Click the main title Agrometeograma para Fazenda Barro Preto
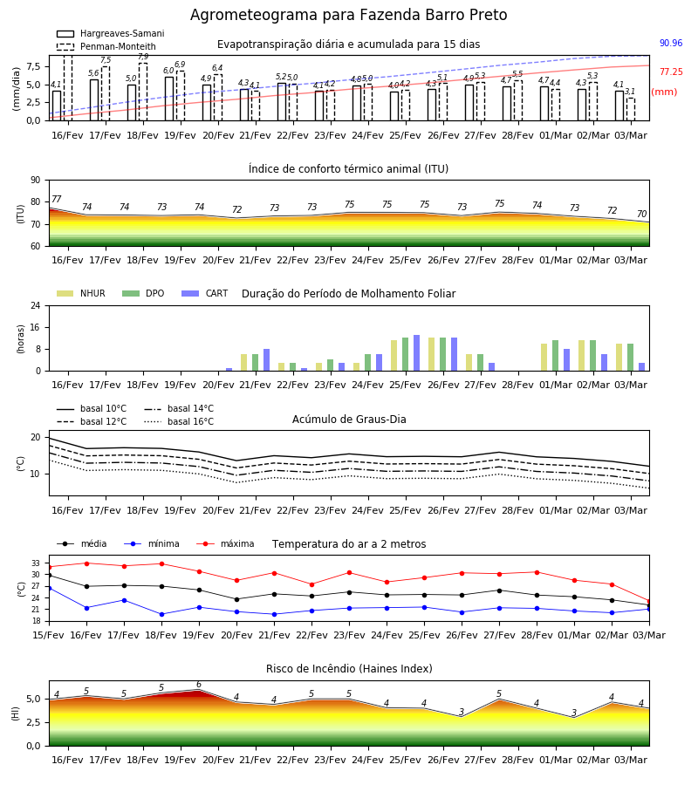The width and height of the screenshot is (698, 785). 348,15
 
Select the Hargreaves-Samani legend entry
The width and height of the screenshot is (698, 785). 110,33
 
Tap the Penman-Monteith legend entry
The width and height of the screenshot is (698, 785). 106,46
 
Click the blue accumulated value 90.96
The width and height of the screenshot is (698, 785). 671,43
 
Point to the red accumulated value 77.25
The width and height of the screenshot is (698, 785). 671,72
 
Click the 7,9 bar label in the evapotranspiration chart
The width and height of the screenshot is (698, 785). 143,57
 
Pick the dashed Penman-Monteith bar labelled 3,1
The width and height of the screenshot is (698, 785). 631,109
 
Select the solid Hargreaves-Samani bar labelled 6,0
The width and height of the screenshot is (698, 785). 169,99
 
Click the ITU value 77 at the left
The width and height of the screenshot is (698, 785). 57,199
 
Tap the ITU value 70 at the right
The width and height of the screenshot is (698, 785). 641,215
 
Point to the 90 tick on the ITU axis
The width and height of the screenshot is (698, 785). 36,181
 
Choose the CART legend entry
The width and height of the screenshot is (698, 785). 205,293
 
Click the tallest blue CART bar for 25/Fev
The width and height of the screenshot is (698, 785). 416,353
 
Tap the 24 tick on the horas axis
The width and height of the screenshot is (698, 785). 36,305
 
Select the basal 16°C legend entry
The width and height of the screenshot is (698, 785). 179,421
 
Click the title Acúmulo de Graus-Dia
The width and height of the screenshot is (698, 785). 349,420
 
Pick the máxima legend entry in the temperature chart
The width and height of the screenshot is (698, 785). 225,543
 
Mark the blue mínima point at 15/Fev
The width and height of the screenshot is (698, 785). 49,588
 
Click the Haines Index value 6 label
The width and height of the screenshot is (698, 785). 199,685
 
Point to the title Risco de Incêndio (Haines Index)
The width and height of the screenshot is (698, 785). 349,669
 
